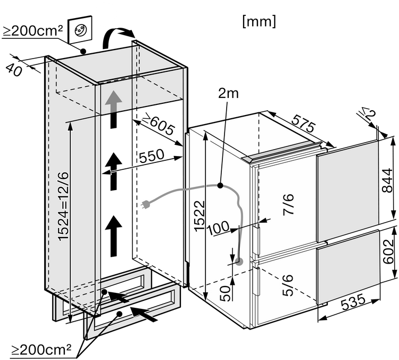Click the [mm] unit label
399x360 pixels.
pos(259,21)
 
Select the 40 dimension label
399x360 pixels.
pos(14,70)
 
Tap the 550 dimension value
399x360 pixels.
pos(152,156)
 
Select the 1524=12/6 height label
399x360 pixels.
pos(63,207)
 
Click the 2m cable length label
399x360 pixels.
pos(228,94)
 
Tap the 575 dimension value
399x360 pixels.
pos(303,124)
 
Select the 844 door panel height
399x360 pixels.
pos(388,181)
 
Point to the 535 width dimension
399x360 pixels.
pos(353,301)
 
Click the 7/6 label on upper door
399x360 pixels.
pos(288,204)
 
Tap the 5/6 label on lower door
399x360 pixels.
pos(287,285)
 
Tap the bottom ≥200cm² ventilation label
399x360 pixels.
pos(41,349)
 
